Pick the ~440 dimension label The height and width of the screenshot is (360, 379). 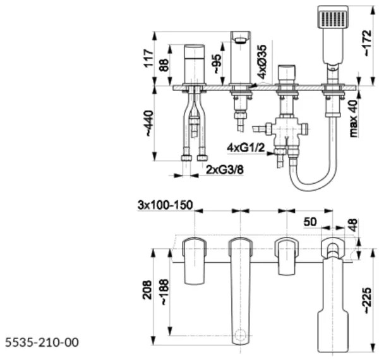point(149,123)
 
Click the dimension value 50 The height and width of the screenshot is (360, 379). point(310,222)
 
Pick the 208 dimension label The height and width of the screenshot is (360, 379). point(147,290)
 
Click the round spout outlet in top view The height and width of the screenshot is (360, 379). point(240,335)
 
